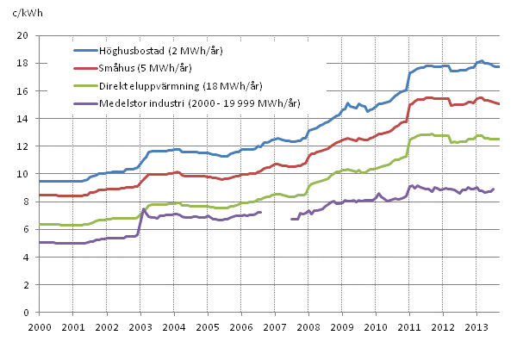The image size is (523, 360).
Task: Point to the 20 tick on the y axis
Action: [24, 35]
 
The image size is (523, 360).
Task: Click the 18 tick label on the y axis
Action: [24, 63]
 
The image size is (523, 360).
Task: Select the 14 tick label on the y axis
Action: [24, 118]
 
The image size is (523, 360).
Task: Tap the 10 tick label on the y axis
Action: [24, 174]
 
